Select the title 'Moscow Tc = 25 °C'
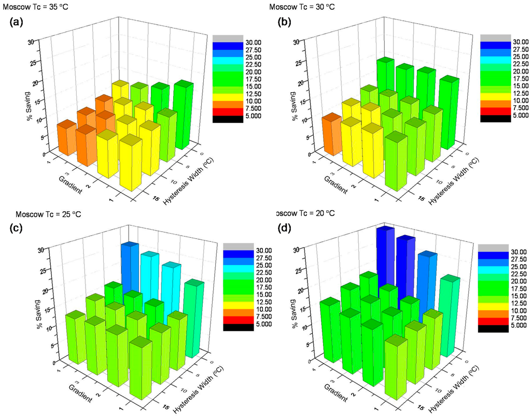click(49, 214)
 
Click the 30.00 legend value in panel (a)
click(242, 42)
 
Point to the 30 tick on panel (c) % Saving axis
click(40, 250)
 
